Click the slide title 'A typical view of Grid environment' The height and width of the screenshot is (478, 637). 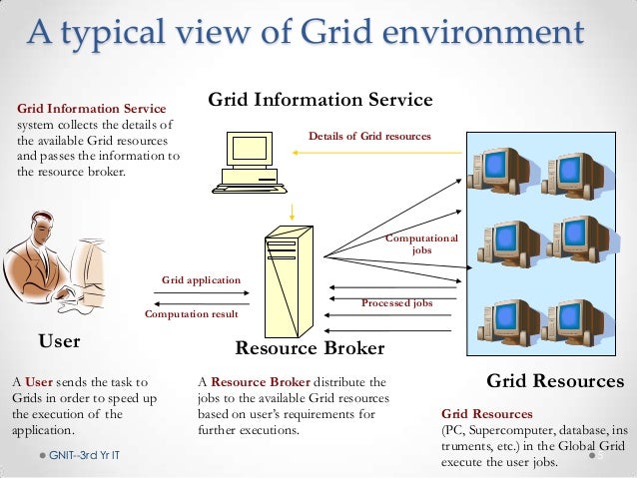[x=305, y=33]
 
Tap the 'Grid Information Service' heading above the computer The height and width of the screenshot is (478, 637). [x=319, y=101]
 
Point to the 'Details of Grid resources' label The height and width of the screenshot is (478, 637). [x=369, y=135]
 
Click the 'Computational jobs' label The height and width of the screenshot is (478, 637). [x=421, y=244]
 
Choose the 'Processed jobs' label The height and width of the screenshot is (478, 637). [x=396, y=302]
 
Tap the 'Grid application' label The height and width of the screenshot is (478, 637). [x=201, y=280]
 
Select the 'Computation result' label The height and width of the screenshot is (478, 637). [x=192, y=314]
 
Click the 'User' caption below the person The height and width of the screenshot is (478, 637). [x=59, y=342]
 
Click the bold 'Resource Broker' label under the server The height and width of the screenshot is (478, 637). [x=309, y=349]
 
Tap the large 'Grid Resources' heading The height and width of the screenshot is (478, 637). [x=554, y=381]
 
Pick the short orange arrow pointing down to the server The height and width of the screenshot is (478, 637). [x=292, y=210]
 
